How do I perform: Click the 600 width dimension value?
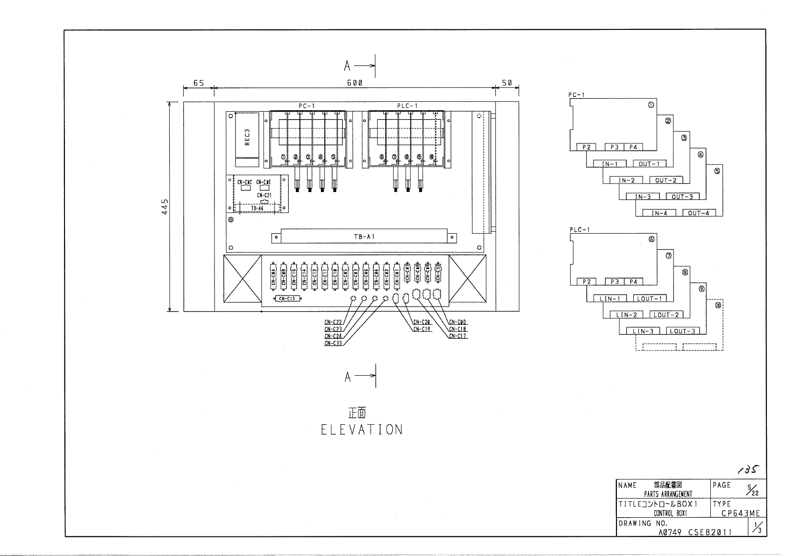pyautogui.click(x=355, y=83)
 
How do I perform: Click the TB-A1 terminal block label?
pyautogui.click(x=364, y=237)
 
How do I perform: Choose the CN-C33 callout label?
pyautogui.click(x=333, y=343)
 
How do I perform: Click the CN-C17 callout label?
pyautogui.click(x=458, y=336)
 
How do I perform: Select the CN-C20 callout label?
pyautogui.click(x=422, y=322)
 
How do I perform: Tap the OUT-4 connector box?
pyautogui.click(x=699, y=213)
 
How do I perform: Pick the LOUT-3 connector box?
pyautogui.click(x=682, y=331)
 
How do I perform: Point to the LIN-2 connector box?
pyautogui.click(x=627, y=315)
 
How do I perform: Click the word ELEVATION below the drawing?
pyautogui.click(x=361, y=430)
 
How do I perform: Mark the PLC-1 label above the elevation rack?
pyautogui.click(x=407, y=106)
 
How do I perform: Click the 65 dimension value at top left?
pyautogui.click(x=199, y=83)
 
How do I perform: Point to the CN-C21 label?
pyautogui.click(x=264, y=195)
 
